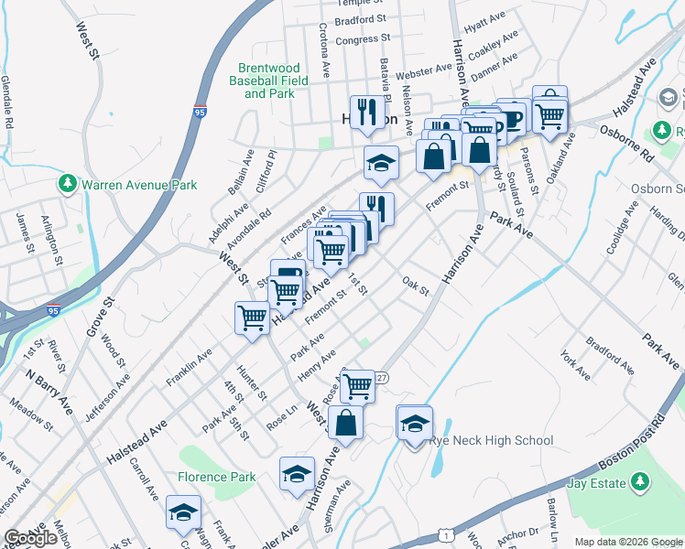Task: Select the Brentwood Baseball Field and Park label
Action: pyautogui.click(x=268, y=81)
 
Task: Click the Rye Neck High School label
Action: pyautogui.click(x=492, y=441)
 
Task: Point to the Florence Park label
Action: pyautogui.click(x=216, y=477)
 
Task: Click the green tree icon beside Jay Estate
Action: pyautogui.click(x=639, y=481)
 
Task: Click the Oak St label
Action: pyautogui.click(x=417, y=285)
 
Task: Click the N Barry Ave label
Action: pyautogui.click(x=49, y=393)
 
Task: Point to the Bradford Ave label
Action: pyautogui.click(x=611, y=356)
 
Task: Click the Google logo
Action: pyautogui.click(x=30, y=538)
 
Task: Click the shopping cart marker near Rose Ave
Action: pyautogui.click(x=358, y=385)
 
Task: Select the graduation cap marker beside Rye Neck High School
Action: pyautogui.click(x=414, y=422)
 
